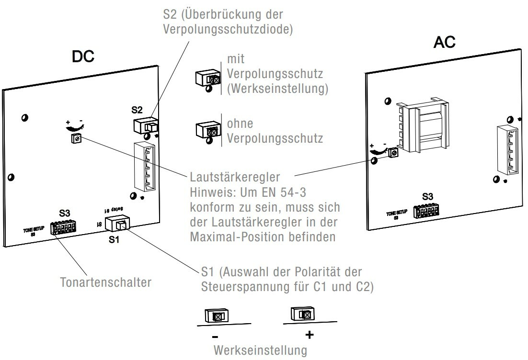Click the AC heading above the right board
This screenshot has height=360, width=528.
pyautogui.click(x=444, y=43)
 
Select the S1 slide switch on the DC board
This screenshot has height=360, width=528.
pyautogui.click(x=118, y=224)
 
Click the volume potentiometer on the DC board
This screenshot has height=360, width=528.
pyautogui.click(x=76, y=139)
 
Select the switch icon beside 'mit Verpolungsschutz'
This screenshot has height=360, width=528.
pyautogui.click(x=207, y=78)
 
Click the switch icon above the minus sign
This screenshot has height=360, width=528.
pyautogui.click(x=217, y=316)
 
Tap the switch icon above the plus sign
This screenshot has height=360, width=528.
pyautogui.click(x=301, y=314)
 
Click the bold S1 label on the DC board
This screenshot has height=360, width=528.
pyautogui.click(x=114, y=240)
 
